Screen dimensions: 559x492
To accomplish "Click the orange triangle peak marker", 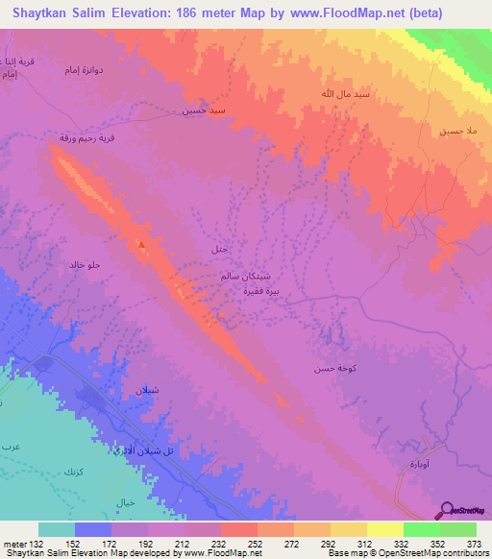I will [142, 244].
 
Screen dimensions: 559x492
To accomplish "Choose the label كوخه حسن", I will [327, 368].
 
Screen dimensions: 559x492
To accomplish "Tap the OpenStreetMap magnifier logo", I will [447, 510].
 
